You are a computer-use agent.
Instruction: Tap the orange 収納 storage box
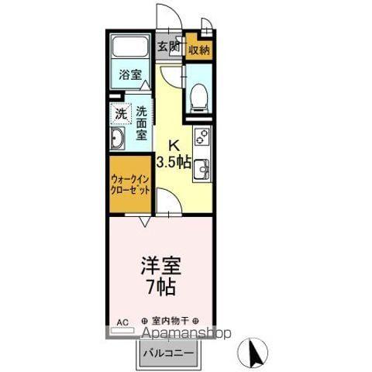coord(199,50)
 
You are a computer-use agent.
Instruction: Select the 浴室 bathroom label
coord(130,75)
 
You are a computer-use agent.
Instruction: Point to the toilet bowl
coord(198,95)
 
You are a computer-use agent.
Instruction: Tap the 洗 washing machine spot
coord(120,114)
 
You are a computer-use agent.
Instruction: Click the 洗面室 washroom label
coord(142,122)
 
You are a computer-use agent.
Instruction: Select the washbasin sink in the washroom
coord(119,140)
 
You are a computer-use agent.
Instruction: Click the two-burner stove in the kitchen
coord(201,138)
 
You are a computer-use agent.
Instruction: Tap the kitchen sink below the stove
coord(201,168)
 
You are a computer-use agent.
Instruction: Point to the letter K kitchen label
coord(175,145)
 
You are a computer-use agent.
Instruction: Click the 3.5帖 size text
coord(174,162)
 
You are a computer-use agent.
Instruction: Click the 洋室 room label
coord(160,266)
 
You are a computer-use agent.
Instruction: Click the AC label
coord(122,320)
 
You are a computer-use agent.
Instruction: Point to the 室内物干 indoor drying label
coord(171,320)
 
